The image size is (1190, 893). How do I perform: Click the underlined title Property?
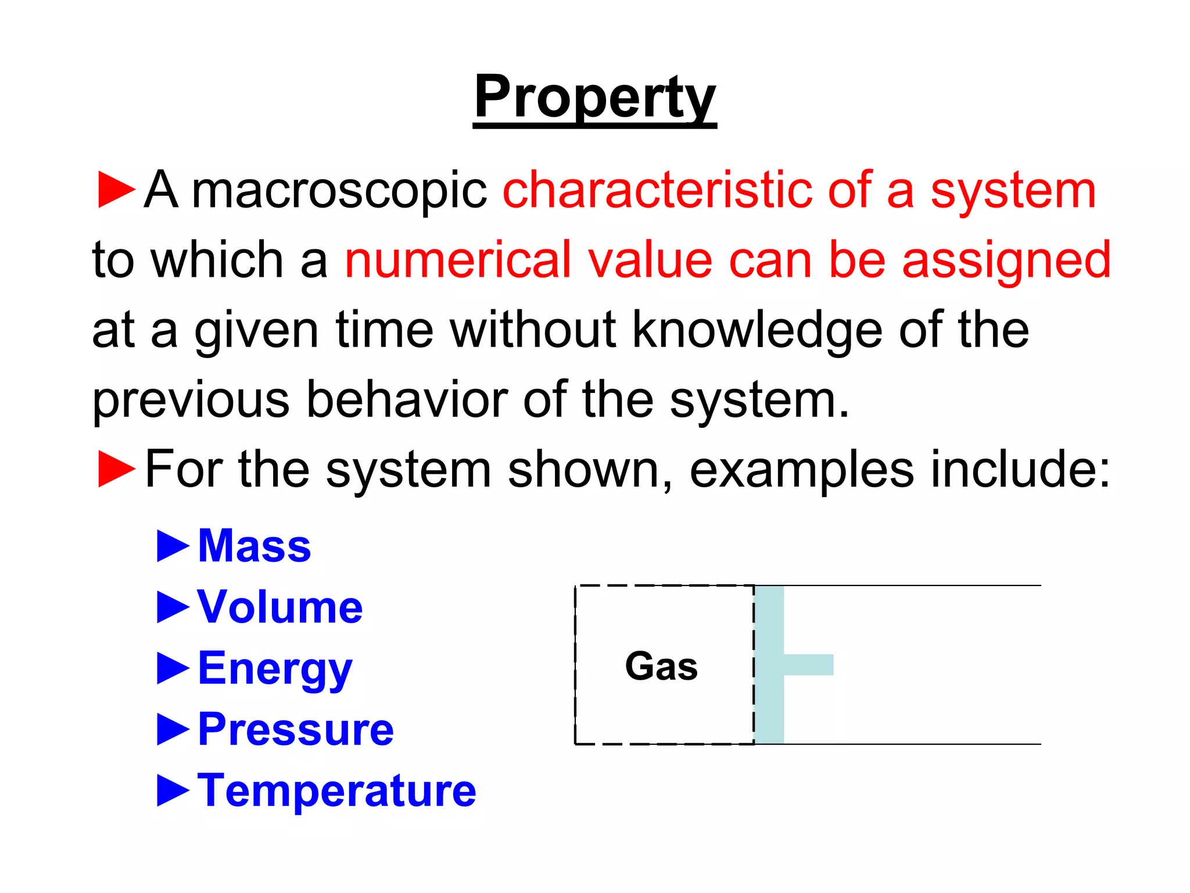[594, 98]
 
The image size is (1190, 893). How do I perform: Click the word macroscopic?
[339, 191]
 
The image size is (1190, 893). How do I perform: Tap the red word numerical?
[457, 260]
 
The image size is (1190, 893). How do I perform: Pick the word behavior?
[406, 399]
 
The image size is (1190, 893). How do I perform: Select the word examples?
[801, 470]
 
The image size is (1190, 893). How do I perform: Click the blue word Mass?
[255, 546]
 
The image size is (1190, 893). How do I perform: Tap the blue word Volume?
[280, 607]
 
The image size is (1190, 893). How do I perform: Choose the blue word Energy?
[275, 669]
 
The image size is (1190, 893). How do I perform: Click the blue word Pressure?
[296, 729]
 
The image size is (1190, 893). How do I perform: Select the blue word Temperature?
[336, 791]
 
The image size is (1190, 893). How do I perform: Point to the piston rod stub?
[808, 665]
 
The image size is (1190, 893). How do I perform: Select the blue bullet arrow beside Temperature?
[173, 791]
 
